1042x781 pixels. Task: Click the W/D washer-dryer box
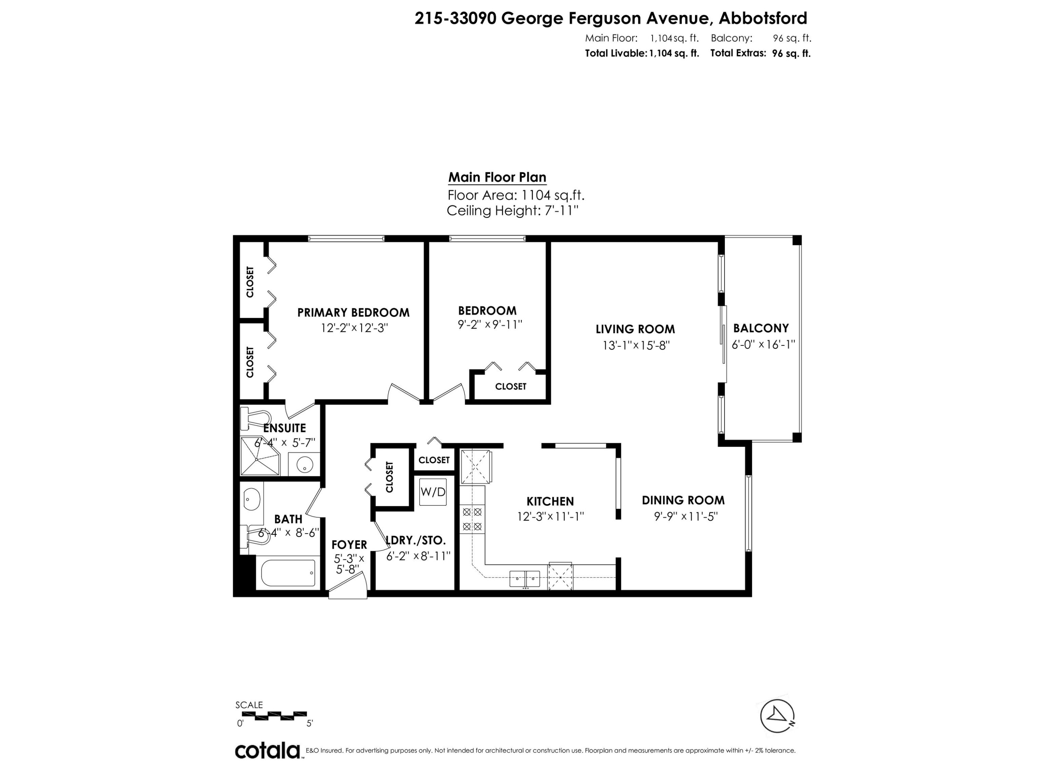click(432, 492)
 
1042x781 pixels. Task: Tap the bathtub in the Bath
click(288, 573)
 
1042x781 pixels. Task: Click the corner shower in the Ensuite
click(259, 456)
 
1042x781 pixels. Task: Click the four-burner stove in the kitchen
click(472, 519)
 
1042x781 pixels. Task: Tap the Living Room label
click(635, 329)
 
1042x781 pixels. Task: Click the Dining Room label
click(683, 500)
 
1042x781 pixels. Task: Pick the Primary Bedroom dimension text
click(354, 328)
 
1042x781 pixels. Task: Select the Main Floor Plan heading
click(497, 177)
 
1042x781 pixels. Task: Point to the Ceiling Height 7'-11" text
click(512, 210)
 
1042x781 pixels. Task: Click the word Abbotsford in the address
click(763, 18)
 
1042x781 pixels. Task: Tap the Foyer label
click(349, 545)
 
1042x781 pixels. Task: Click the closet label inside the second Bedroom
click(510, 386)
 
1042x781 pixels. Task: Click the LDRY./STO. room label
click(415, 540)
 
